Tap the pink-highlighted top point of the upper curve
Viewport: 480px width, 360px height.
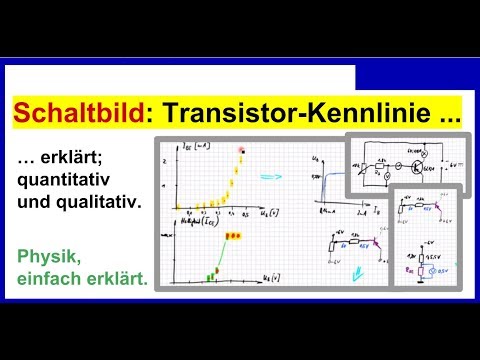pyautogui.click(x=241, y=151)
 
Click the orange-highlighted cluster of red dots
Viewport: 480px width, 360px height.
pyautogui.click(x=232, y=235)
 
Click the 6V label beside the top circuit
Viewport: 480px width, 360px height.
pyautogui.click(x=452, y=163)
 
